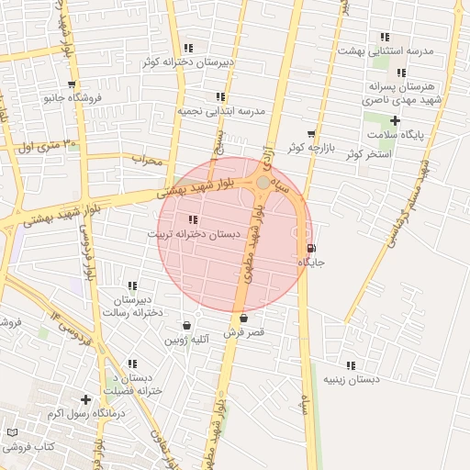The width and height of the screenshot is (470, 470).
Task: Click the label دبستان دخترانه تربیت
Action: point(194,234)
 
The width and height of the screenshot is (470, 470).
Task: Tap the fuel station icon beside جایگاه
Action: point(311,248)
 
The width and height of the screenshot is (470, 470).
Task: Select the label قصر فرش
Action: point(244,332)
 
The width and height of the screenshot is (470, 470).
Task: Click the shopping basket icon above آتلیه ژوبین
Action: point(187,325)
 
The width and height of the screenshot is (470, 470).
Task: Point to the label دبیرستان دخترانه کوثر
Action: point(188,62)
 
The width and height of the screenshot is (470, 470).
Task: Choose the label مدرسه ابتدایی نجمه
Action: point(221,110)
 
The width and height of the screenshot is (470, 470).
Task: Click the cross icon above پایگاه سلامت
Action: point(396,120)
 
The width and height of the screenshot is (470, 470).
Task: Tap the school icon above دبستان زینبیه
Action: point(351,364)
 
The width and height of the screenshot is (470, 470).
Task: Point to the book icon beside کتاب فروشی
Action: point(12,432)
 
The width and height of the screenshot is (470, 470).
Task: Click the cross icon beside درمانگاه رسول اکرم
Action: point(85,399)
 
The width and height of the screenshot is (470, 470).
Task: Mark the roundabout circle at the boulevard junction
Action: point(263,184)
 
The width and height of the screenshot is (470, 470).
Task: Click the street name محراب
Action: point(146,160)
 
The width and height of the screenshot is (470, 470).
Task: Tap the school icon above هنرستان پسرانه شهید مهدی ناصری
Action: point(401,73)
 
